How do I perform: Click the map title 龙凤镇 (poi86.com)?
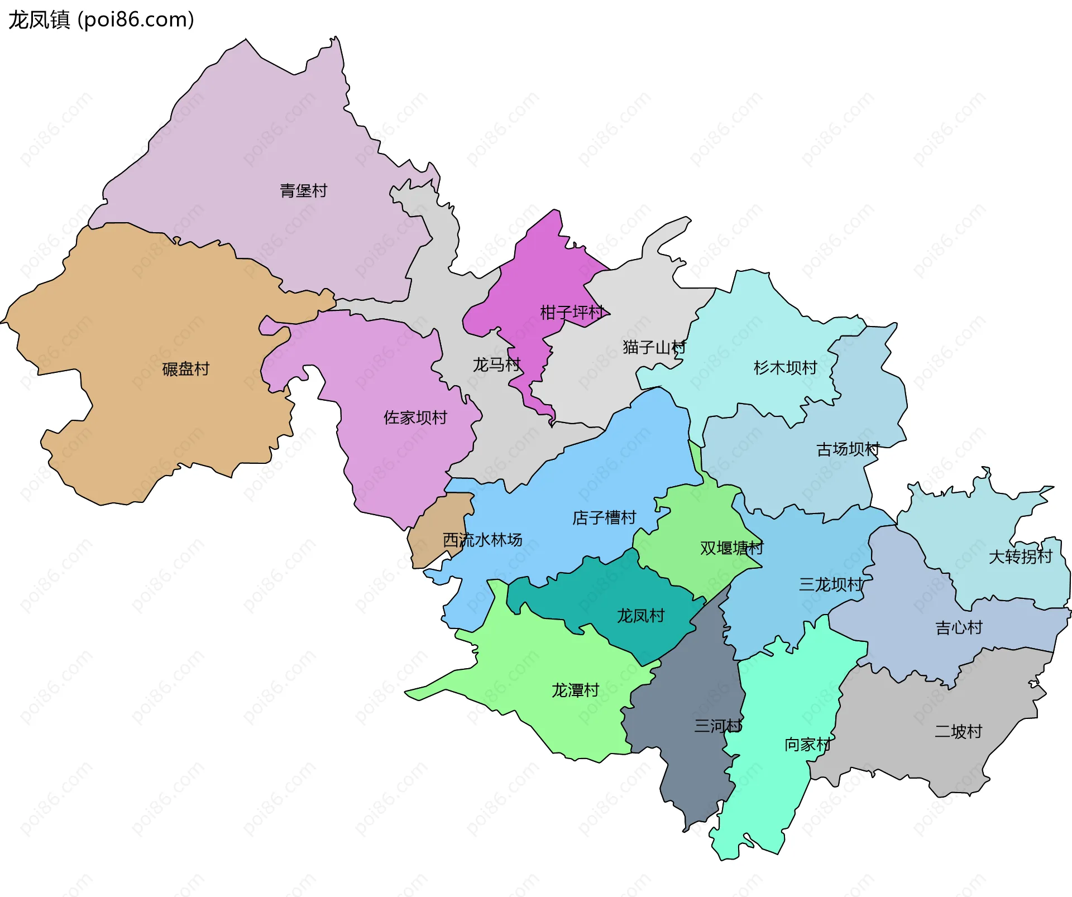coord(101,20)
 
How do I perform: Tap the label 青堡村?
coord(303,191)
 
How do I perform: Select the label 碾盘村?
coord(185,369)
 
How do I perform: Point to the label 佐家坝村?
coord(415,418)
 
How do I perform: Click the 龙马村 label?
coord(496,365)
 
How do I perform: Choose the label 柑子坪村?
coord(572,313)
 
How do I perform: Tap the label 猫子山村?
coord(654,347)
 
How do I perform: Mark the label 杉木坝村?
coord(785,367)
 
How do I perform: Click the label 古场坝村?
coord(848,449)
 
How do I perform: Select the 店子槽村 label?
coord(604,517)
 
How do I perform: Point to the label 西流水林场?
coord(482,540)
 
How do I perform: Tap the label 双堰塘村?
coord(731,548)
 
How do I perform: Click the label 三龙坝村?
coord(831,584)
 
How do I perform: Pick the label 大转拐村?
coord(1020,557)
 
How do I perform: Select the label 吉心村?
coord(959,628)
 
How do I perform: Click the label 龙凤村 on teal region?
coord(640,616)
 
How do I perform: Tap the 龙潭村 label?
coord(575,690)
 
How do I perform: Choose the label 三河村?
coord(718,726)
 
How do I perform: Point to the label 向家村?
coord(807,744)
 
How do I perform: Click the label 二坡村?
coord(958,731)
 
